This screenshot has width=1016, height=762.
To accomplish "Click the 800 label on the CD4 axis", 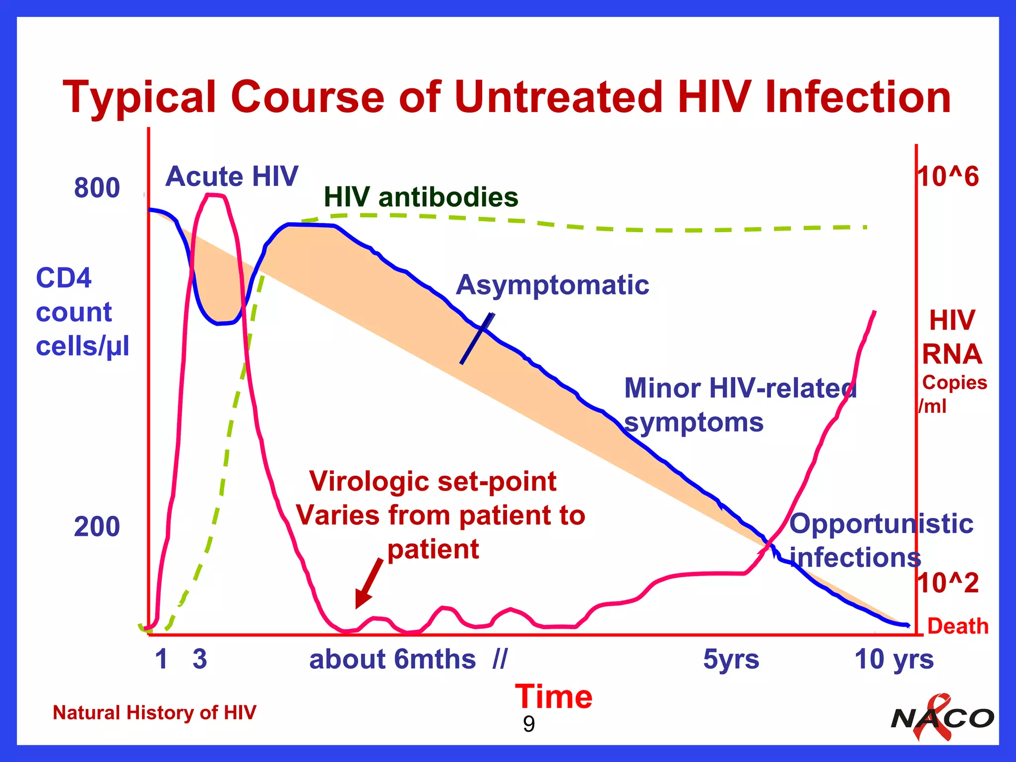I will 97,188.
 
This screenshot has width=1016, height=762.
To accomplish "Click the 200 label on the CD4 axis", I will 97,527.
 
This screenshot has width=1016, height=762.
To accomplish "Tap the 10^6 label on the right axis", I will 948,177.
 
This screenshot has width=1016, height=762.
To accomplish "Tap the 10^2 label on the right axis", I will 948,582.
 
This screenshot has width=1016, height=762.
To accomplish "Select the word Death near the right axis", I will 957,626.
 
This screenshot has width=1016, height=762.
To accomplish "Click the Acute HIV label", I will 232,177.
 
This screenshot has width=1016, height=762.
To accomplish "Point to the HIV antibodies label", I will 421,197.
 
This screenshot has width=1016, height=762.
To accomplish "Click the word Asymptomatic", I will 552,285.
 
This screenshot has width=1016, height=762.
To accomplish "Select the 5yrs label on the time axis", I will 731,659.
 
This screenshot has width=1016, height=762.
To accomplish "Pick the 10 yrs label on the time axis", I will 893,659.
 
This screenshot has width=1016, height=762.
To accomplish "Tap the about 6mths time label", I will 392,659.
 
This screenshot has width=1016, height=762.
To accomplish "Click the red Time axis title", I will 553,697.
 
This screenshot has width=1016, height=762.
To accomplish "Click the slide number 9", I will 529,725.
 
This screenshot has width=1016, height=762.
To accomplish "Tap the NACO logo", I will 942,718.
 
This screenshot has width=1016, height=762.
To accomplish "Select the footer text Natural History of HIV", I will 154,713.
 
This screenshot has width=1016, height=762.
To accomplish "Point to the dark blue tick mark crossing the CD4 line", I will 477,338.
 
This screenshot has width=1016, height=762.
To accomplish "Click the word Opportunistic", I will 881,524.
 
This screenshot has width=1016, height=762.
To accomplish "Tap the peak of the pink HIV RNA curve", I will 214,195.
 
